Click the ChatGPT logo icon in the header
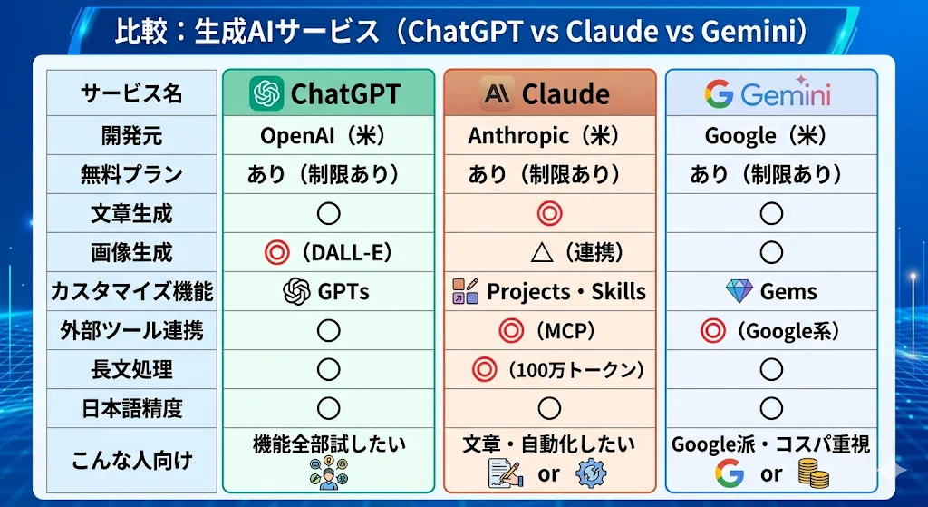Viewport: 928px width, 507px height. [x=266, y=93]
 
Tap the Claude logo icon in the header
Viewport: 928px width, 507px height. [x=498, y=93]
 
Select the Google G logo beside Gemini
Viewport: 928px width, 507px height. [x=719, y=94]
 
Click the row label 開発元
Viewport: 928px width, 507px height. [x=131, y=136]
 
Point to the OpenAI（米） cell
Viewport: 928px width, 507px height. [x=328, y=136]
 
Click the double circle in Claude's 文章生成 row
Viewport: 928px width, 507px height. [x=549, y=214]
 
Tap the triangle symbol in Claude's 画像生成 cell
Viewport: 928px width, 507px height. [x=542, y=253]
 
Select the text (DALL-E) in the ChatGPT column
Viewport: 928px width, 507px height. [x=347, y=253]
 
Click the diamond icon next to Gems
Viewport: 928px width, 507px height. [x=739, y=291]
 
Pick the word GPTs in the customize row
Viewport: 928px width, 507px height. [x=343, y=291]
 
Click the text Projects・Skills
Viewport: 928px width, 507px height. [x=566, y=291]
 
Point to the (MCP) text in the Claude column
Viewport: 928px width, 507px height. [x=565, y=330]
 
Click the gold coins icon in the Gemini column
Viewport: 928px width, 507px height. [x=814, y=473]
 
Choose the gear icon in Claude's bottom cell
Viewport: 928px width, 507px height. [x=591, y=473]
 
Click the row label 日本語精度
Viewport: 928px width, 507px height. [x=131, y=409]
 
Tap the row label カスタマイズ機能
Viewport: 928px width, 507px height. [x=131, y=291]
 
